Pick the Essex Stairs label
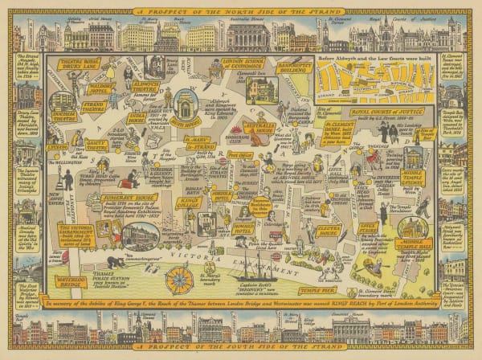[x=371, y=230]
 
